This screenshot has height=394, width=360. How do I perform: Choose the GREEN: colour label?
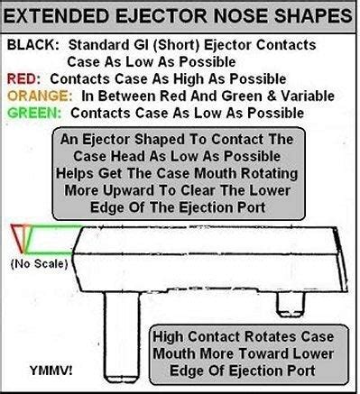pyautogui.click(x=33, y=114)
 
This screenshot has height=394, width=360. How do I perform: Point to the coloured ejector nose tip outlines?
pyautogui.click(x=23, y=236)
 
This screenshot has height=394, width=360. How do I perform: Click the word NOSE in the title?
pyautogui.click(x=235, y=16)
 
